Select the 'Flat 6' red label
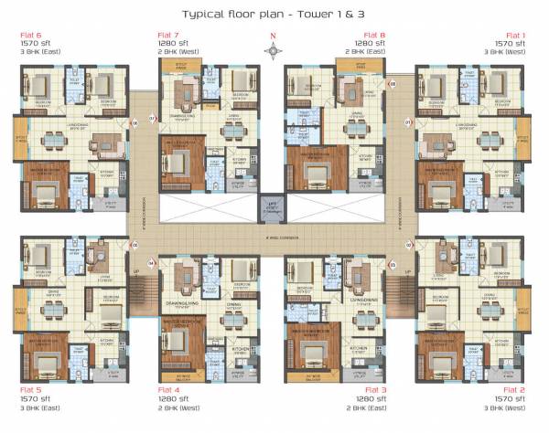(31, 35)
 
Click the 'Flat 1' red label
(517, 35)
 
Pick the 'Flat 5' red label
(31, 389)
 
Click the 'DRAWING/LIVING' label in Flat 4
(183, 306)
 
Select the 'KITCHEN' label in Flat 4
(240, 349)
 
